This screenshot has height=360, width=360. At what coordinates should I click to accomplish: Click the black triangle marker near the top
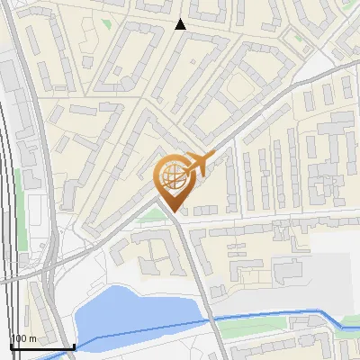[181, 24]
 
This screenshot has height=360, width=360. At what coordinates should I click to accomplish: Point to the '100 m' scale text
[23, 338]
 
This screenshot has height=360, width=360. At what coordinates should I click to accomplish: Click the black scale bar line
[41, 346]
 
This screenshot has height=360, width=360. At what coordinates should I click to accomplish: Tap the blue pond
[135, 310]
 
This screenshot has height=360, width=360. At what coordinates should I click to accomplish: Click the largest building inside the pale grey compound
[286, 269]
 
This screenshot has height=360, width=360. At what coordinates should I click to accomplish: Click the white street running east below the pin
[270, 219]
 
